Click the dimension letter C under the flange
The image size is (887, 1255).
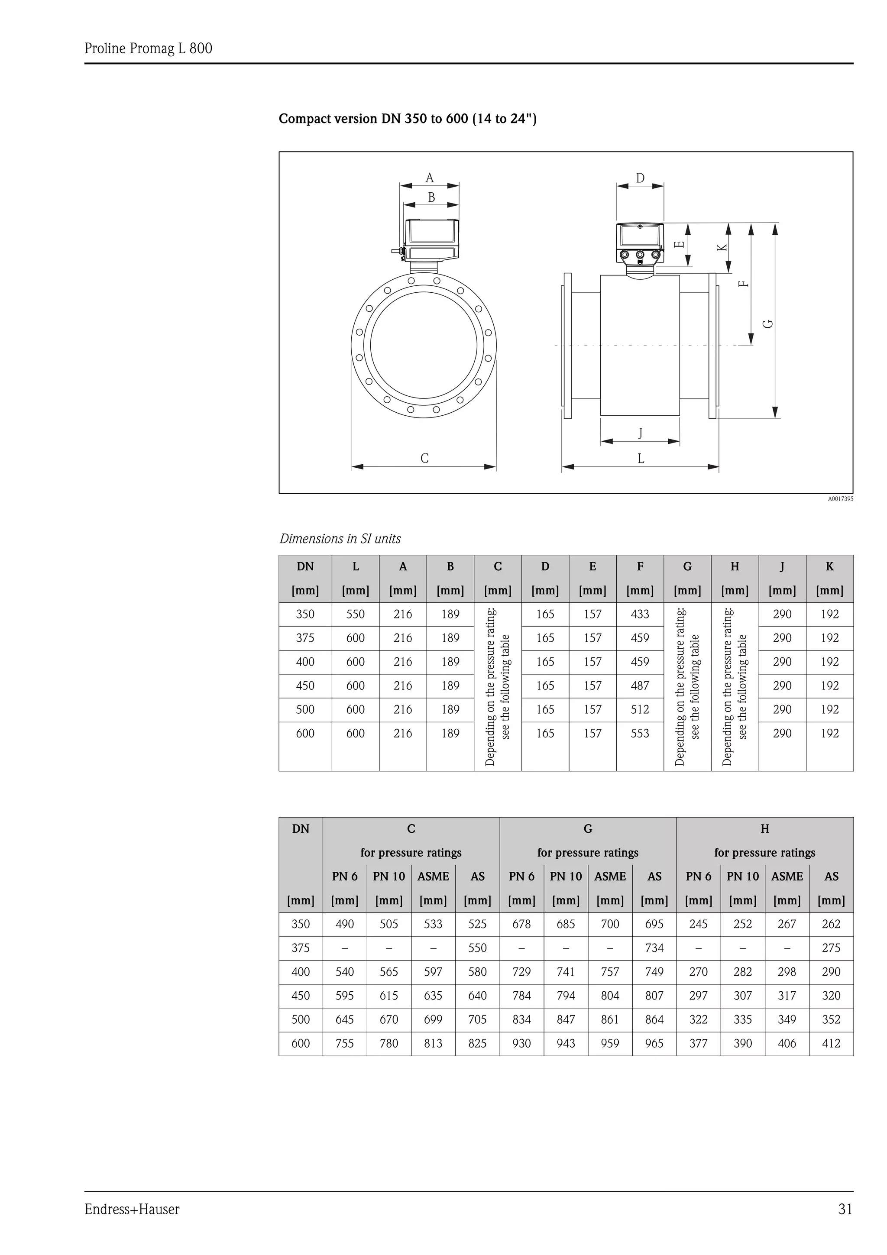[x=424, y=458]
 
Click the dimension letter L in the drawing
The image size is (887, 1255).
[x=641, y=458]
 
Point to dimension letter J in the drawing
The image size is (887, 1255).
[x=641, y=433]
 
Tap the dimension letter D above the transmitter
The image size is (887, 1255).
[x=640, y=178]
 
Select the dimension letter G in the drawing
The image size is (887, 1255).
[x=768, y=323]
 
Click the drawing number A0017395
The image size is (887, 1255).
[x=840, y=498]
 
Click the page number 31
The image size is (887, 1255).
[x=845, y=1209]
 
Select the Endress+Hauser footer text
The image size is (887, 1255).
[x=132, y=1209]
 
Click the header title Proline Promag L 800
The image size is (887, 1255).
[x=148, y=49]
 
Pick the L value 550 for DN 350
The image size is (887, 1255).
[x=355, y=615]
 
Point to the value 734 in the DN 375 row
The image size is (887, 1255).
[x=654, y=948]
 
